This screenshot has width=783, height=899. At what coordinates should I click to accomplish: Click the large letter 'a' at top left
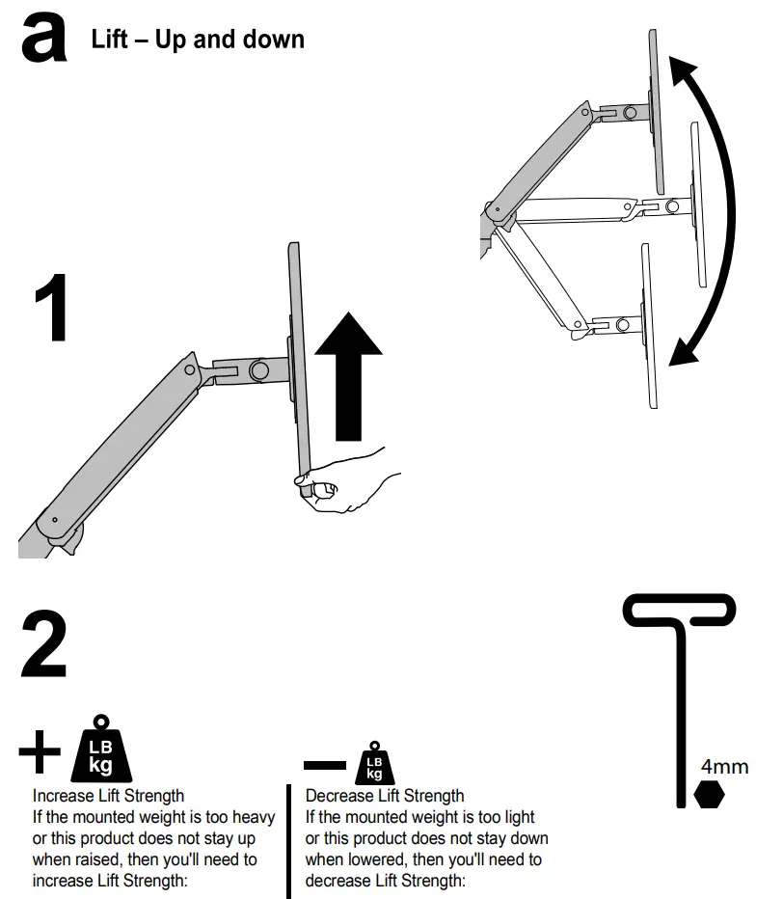[x=44, y=40]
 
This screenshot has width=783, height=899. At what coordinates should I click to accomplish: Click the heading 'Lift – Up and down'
[x=198, y=40]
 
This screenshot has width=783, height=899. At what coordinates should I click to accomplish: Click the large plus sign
[x=40, y=752]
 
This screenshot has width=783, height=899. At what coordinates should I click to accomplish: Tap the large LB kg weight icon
[x=100, y=752]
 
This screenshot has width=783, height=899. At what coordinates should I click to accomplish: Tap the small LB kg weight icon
[x=374, y=763]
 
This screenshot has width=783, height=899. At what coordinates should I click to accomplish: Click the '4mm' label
[x=724, y=767]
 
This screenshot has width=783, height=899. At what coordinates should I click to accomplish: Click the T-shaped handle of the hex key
[x=681, y=612]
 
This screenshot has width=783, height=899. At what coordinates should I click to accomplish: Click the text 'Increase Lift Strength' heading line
[x=108, y=796]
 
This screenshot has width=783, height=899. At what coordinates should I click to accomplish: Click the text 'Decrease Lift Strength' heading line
[x=385, y=796]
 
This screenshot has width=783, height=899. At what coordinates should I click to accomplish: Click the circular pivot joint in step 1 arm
[x=259, y=369]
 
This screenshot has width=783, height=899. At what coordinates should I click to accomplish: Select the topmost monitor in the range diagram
[x=654, y=111]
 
